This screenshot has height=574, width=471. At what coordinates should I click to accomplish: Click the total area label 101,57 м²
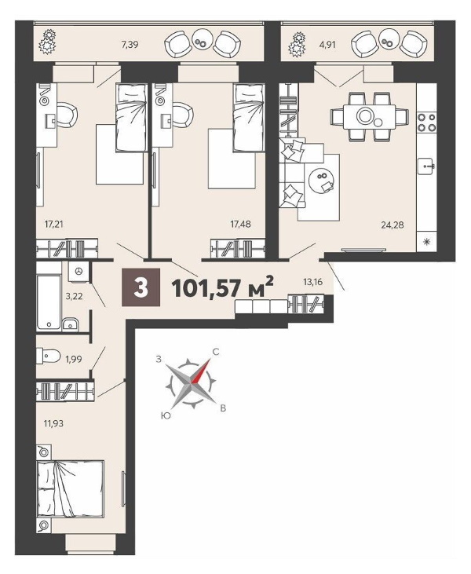[x=222, y=287]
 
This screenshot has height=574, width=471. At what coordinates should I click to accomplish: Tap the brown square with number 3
[x=141, y=287]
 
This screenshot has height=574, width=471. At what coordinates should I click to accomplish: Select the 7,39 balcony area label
[x=130, y=45]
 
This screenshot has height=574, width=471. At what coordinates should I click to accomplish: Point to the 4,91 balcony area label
[x=327, y=45]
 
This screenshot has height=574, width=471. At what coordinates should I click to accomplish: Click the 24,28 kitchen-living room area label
[x=392, y=225]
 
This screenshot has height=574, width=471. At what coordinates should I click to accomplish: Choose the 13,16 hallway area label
[x=313, y=282]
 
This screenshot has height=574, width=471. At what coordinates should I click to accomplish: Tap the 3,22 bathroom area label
[x=74, y=296]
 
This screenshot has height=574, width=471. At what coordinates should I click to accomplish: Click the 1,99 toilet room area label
[x=74, y=359]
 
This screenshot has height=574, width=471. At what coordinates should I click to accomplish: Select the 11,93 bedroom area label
[x=53, y=424]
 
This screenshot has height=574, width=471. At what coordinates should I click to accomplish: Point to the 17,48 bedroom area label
[x=240, y=224]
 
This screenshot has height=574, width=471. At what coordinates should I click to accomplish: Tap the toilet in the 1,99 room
[x=49, y=356]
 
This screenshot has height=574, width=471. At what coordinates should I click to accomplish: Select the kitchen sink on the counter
[x=427, y=166]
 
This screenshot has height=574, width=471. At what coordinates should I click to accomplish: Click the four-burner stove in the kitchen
[x=427, y=122]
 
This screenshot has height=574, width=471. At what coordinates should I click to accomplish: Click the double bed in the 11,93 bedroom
[x=71, y=489]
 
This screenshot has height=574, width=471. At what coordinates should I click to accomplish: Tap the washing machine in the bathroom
[x=78, y=272]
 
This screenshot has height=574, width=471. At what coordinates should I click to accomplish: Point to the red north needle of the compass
[x=200, y=371]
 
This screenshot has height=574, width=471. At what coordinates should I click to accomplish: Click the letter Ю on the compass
[x=166, y=415]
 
